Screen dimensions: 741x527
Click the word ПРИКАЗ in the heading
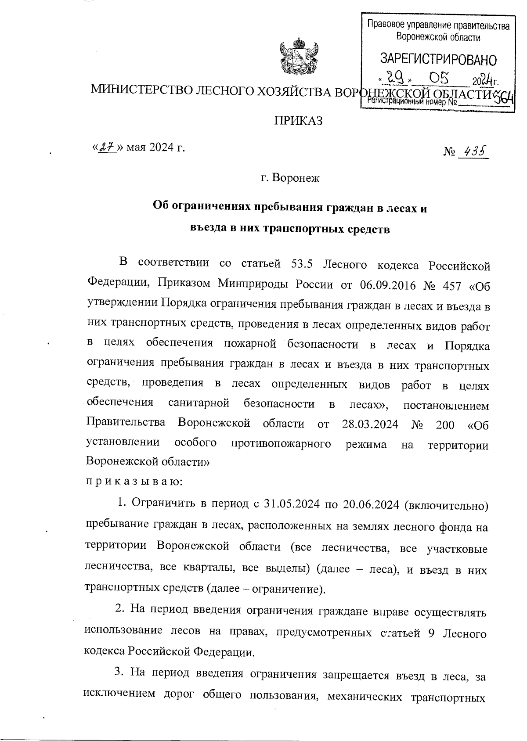click(x=299, y=120)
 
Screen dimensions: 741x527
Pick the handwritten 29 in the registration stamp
click(x=394, y=79)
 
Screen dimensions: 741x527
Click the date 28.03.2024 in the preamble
click(x=369, y=424)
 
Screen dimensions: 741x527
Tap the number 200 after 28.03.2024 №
click(x=445, y=424)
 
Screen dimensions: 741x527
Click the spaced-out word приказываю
click(x=133, y=481)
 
